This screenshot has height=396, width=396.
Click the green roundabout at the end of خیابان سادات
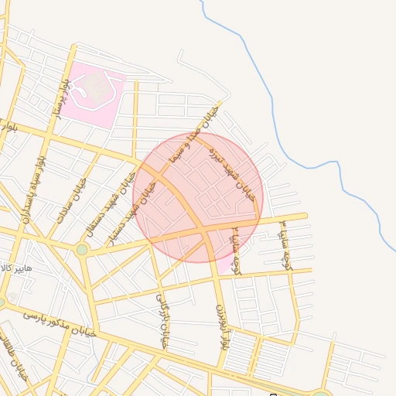tap(82, 249)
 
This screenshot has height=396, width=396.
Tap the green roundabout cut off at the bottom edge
tap(321, 393)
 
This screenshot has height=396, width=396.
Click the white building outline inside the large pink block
tap(94, 89)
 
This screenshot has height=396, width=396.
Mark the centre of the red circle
tap(198, 197)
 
